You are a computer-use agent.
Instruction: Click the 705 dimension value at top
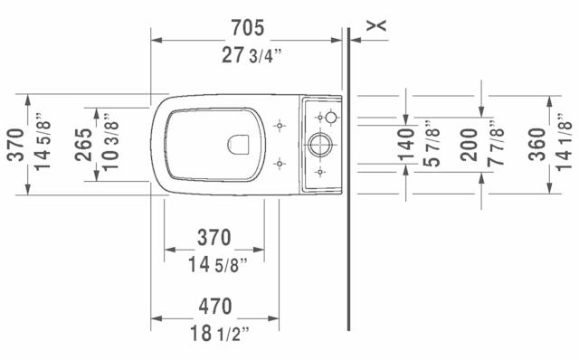(x=247, y=28)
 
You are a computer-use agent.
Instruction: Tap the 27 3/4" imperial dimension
(x=252, y=55)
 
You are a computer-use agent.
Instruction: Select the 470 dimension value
(x=215, y=306)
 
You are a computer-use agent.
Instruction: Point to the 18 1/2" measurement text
(x=219, y=334)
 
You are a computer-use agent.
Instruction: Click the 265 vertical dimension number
(x=83, y=145)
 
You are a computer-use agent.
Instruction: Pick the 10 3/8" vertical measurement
(x=110, y=141)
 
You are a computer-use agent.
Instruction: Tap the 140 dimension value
(x=406, y=145)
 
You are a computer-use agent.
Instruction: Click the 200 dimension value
(x=469, y=145)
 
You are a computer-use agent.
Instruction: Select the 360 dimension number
(x=536, y=145)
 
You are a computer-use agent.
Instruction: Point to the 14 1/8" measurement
(x=564, y=142)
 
